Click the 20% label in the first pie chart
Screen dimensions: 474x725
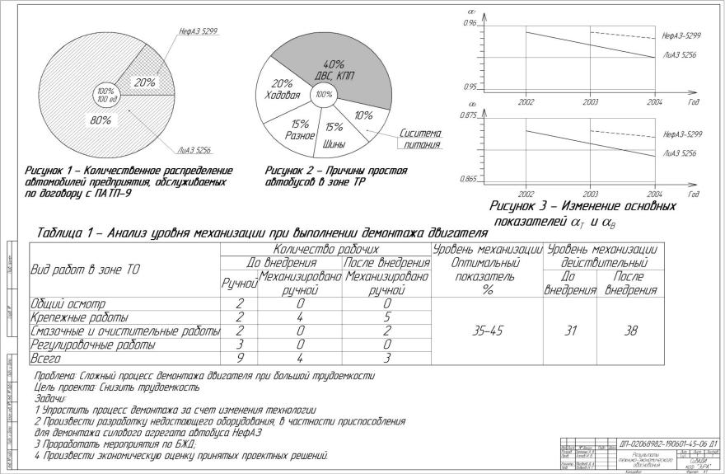click(145, 82)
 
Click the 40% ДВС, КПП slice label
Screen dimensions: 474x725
click(334, 69)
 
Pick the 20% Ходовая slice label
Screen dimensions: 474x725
click(283, 89)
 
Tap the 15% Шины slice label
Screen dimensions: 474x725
click(334, 134)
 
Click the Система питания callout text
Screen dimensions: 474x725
click(421, 138)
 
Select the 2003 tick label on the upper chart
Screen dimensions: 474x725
click(591, 101)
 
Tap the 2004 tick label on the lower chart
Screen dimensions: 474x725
click(655, 194)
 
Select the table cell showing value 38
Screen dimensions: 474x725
click(629, 331)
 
